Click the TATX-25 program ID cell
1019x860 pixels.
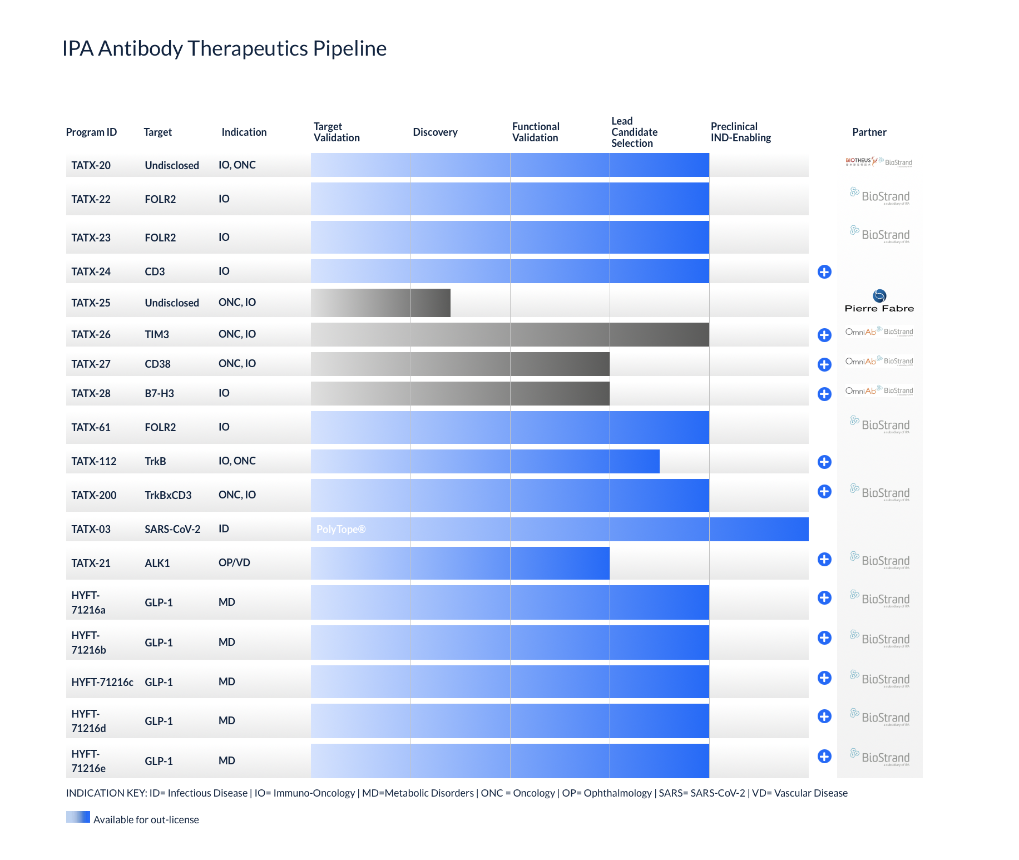91,303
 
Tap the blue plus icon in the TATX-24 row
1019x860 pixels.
824,271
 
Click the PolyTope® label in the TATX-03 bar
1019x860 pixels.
341,530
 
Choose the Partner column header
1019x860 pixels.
869,132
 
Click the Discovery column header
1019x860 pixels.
435,132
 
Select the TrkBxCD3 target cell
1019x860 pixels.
168,496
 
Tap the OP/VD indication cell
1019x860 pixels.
234,563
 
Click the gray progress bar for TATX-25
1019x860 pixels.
380,303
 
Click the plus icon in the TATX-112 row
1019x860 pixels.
824,462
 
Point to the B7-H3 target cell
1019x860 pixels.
159,394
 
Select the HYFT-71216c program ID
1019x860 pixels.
102,683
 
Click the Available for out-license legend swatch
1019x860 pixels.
78,817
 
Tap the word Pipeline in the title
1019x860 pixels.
349,49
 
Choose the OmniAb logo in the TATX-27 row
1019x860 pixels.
860,362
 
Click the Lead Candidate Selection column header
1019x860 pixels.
634,132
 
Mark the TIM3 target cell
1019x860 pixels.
157,335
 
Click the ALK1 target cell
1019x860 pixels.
157,564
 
